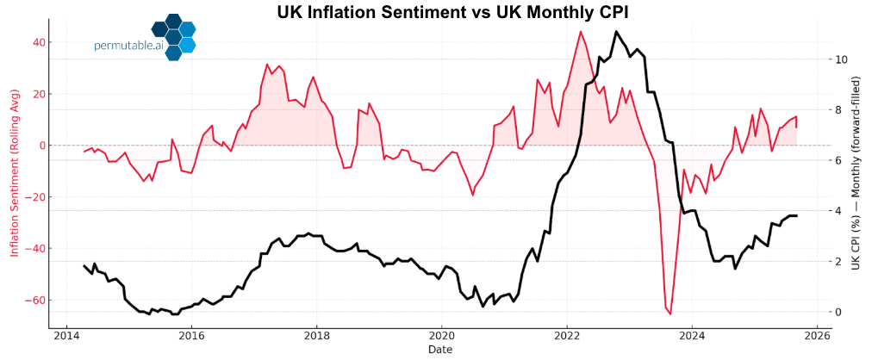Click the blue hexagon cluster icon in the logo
tap(173, 36)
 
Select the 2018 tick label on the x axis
tap(316, 336)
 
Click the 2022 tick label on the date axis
tap(567, 336)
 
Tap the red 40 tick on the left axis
tap(34, 42)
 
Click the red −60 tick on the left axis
tap(32, 301)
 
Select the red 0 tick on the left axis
tap(37, 146)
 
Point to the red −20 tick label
tap(32, 197)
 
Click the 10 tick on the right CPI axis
tap(840, 59)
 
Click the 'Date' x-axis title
tap(440, 350)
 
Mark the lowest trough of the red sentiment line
tap(670, 313)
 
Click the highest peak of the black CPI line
tap(616, 32)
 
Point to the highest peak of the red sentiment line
tap(581, 32)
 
